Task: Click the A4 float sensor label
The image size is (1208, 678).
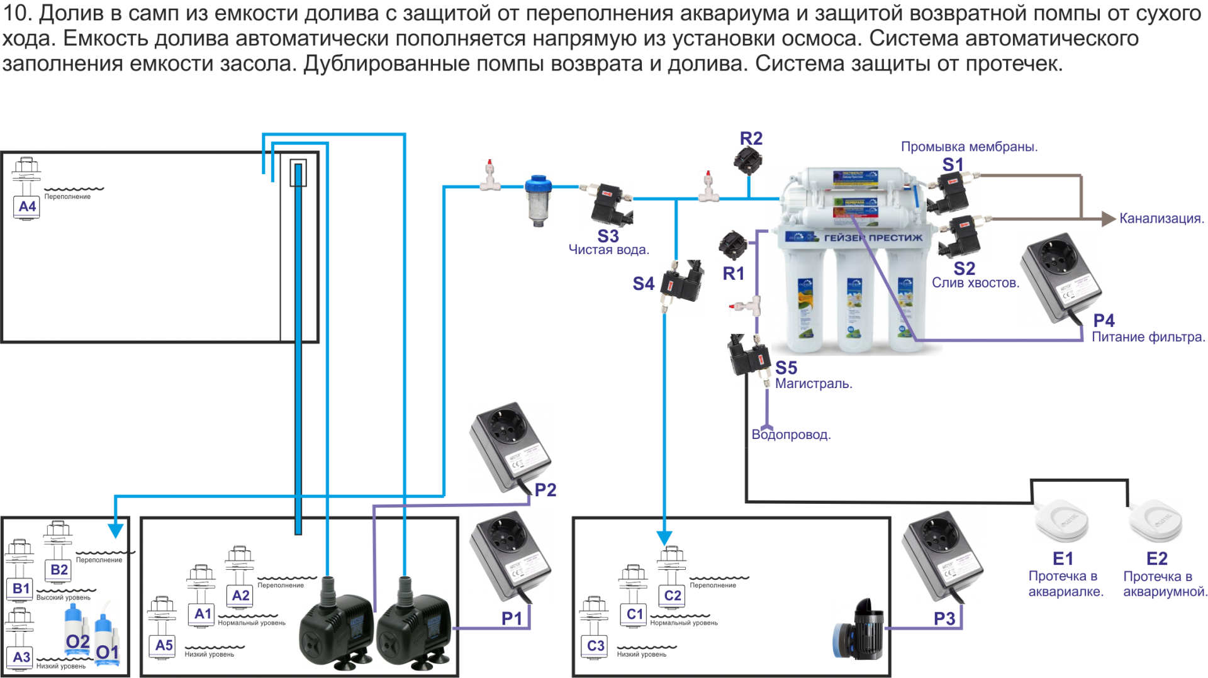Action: click(x=27, y=206)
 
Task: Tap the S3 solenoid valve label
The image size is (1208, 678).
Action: click(x=608, y=236)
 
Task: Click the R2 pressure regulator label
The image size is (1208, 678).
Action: click(x=751, y=138)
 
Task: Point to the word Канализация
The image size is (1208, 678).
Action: click(x=1161, y=218)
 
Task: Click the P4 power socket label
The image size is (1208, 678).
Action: click(x=1104, y=320)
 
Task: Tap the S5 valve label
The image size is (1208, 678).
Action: click(x=786, y=367)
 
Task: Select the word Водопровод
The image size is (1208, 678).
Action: click(x=791, y=435)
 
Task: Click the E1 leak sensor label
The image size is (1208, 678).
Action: click(x=1063, y=558)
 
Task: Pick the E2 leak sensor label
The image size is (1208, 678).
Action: click(x=1157, y=558)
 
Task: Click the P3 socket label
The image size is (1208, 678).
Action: click(x=944, y=618)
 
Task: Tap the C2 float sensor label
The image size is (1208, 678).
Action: click(x=673, y=596)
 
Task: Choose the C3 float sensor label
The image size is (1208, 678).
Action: click(x=595, y=645)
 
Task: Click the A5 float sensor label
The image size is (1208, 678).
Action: click(x=164, y=645)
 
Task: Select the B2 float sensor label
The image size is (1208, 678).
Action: click(x=59, y=570)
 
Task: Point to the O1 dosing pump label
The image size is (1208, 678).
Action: click(x=107, y=652)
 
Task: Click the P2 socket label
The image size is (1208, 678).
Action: click(x=545, y=489)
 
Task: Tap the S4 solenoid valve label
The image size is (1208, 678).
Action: click(x=644, y=284)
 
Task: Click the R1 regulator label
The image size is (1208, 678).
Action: click(x=733, y=273)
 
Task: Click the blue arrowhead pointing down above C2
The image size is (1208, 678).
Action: click(x=664, y=538)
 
